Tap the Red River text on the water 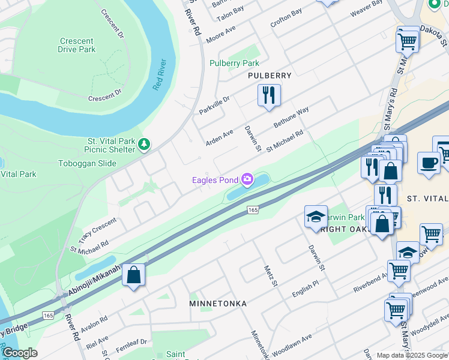159,75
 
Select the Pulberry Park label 234,63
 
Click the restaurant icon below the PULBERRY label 269,95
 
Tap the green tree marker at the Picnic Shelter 144,144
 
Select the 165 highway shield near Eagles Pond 253,209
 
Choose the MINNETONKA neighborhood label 218,304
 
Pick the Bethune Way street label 291,117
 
